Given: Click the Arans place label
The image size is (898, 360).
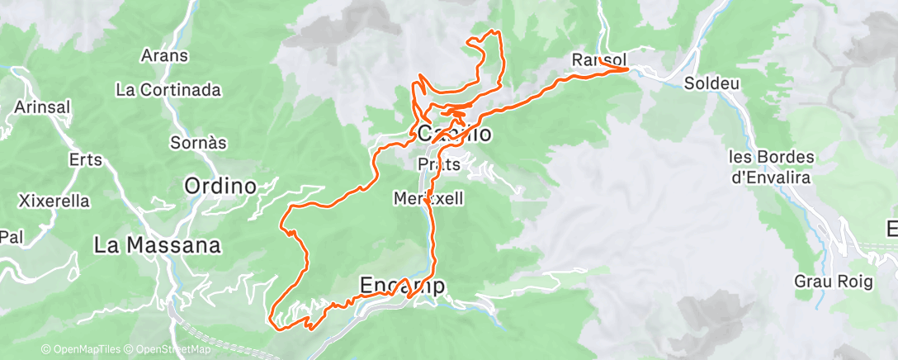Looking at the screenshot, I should pyautogui.click(x=165, y=56).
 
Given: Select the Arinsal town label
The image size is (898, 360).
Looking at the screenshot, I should pyautogui.click(x=42, y=107).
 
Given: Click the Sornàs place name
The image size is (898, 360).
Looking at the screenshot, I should pyautogui.click(x=197, y=143).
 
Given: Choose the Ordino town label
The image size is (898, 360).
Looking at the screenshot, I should pyautogui.click(x=220, y=185).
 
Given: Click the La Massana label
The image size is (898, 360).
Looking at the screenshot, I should pyautogui.click(x=158, y=245).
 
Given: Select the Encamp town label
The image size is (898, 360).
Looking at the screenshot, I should pyautogui.click(x=403, y=285).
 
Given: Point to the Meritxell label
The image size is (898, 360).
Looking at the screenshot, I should pyautogui.click(x=428, y=198).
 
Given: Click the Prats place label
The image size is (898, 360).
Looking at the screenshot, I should pyautogui.click(x=439, y=164).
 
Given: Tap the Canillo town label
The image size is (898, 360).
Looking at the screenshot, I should pyautogui.click(x=456, y=134).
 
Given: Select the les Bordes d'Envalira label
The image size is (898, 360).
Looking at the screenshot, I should pyautogui.click(x=772, y=165).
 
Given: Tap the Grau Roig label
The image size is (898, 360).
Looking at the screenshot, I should pyautogui.click(x=834, y=282).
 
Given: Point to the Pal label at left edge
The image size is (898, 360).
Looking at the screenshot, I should pyautogui.click(x=10, y=236).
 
